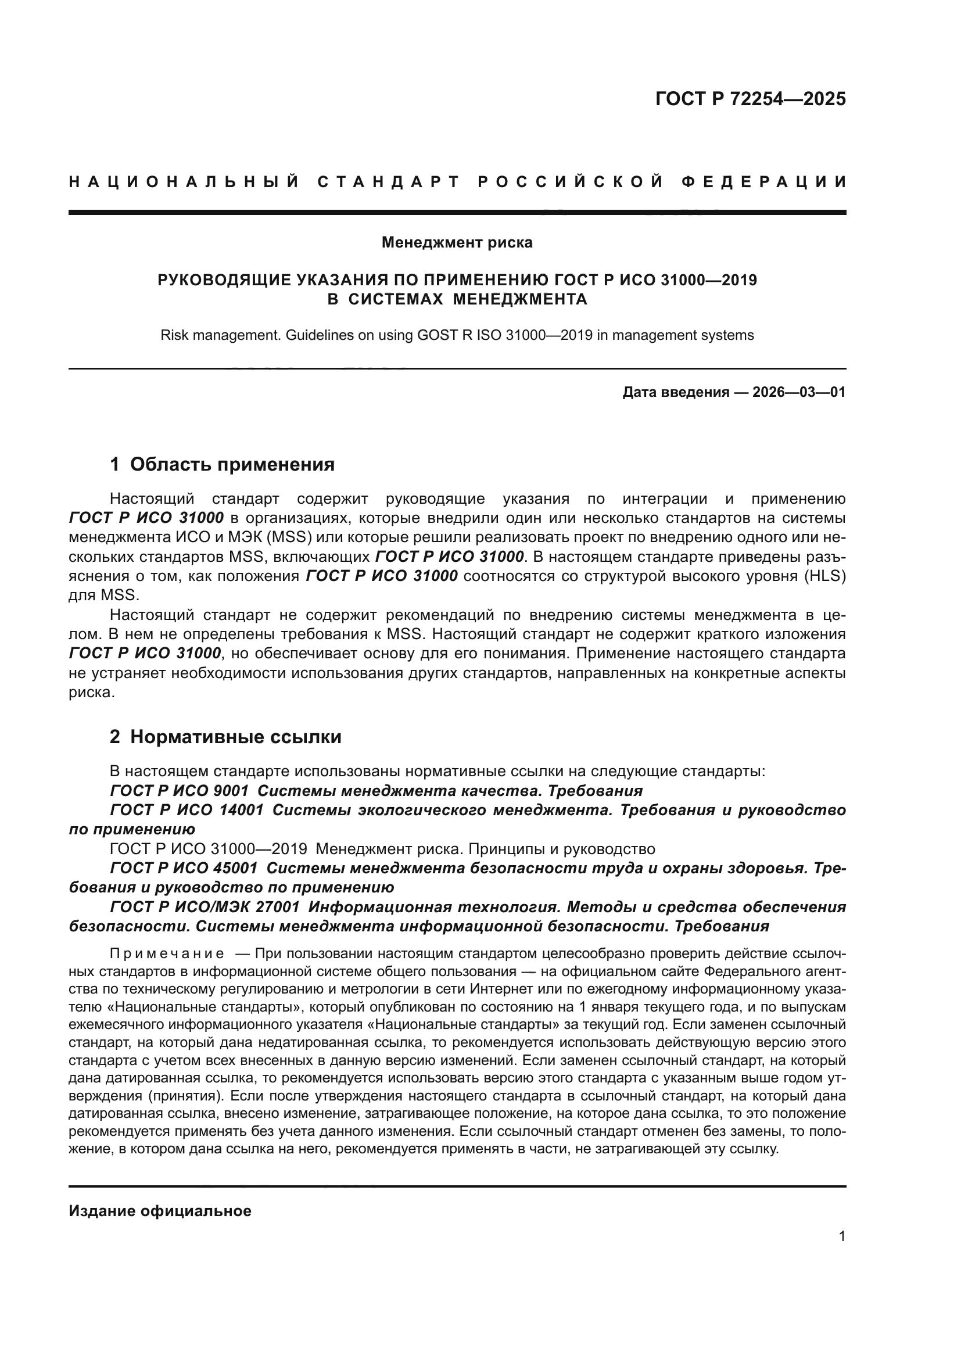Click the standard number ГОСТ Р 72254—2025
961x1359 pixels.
pyautogui.click(x=750, y=99)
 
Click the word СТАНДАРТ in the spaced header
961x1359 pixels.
pyautogui.click(x=388, y=182)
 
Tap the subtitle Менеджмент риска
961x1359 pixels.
pyautogui.click(x=457, y=242)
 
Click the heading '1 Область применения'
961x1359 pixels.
pyautogui.click(x=222, y=464)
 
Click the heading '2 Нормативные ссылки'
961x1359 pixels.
pyautogui.click(x=225, y=737)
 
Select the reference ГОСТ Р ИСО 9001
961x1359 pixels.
pyautogui.click(x=180, y=791)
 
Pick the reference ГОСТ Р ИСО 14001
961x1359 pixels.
pyautogui.click(x=187, y=811)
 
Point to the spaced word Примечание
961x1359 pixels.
pyautogui.click(x=167, y=953)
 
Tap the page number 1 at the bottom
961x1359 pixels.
pyautogui.click(x=842, y=1236)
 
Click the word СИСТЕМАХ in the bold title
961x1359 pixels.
pyautogui.click(x=395, y=299)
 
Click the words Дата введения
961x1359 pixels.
pyautogui.click(x=675, y=392)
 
